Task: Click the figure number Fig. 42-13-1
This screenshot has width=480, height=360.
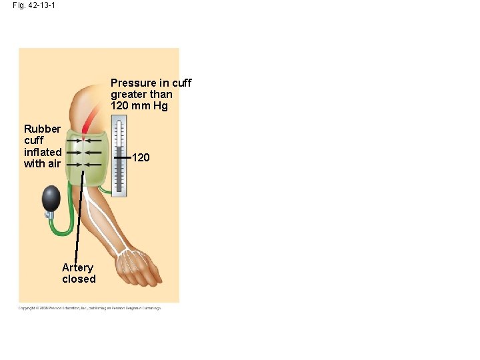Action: pyautogui.click(x=33, y=5)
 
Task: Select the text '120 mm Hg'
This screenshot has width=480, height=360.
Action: pyautogui.click(x=139, y=106)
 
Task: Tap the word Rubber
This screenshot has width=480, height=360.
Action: pyautogui.click(x=42, y=129)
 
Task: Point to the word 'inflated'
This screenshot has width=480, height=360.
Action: pyautogui.click(x=43, y=152)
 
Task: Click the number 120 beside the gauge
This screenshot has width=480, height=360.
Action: pyautogui.click(x=141, y=158)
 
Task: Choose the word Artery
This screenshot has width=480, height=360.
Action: pyautogui.click(x=77, y=267)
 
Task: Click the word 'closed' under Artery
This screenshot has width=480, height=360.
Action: pyautogui.click(x=79, y=279)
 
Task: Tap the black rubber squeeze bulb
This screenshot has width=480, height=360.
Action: pyautogui.click(x=51, y=198)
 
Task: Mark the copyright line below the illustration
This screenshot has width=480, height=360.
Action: pyautogui.click(x=89, y=307)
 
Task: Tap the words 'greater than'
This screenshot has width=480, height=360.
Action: pyautogui.click(x=141, y=95)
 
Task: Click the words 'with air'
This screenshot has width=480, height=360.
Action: pyautogui.click(x=42, y=164)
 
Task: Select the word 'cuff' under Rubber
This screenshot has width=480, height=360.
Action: pyautogui.click(x=33, y=141)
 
